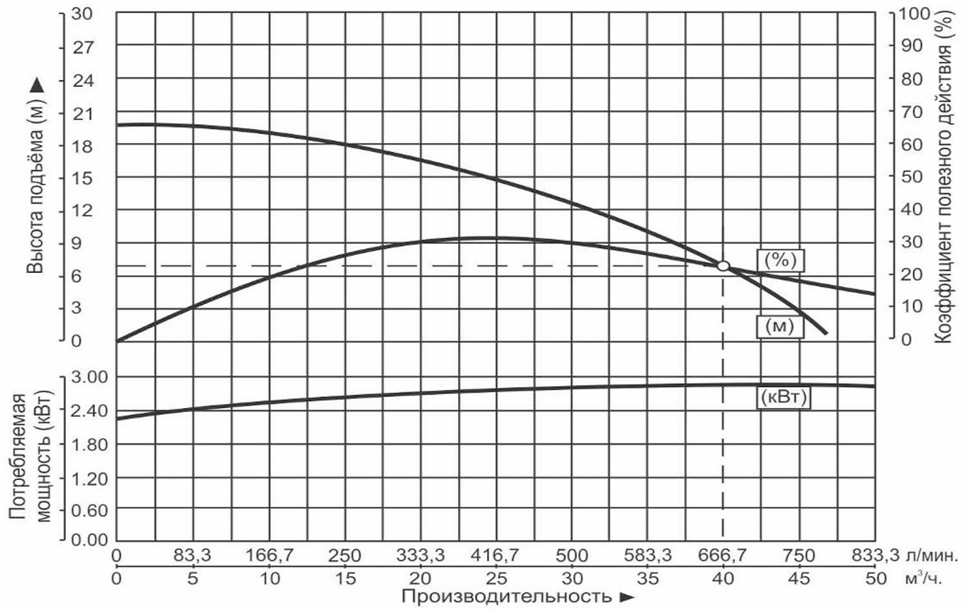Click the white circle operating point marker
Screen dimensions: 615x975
(723, 266)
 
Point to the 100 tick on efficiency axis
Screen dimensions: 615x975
(915, 14)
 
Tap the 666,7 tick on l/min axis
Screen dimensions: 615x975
(723, 555)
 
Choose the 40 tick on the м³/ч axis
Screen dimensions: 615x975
(723, 579)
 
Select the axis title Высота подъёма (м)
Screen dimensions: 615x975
(36, 176)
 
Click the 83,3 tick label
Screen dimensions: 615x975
(192, 555)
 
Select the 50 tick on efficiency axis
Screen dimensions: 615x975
(911, 178)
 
